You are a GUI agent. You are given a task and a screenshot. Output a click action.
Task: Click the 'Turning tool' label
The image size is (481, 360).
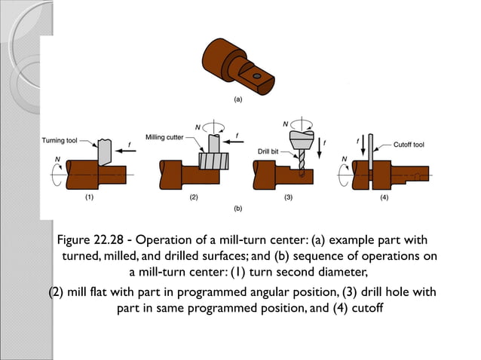[59, 141]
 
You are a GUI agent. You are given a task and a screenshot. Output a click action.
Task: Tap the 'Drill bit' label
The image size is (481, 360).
[268, 151]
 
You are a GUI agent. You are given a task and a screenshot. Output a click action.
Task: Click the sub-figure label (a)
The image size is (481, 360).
[237, 99]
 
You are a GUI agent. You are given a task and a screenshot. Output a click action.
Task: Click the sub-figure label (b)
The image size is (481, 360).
[237, 206]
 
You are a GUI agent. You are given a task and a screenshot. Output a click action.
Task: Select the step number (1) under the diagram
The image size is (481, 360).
[89, 198]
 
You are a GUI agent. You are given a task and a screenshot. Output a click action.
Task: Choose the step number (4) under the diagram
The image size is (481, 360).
[384, 198]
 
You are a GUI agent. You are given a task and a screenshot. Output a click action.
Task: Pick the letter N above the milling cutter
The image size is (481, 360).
[197, 126]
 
